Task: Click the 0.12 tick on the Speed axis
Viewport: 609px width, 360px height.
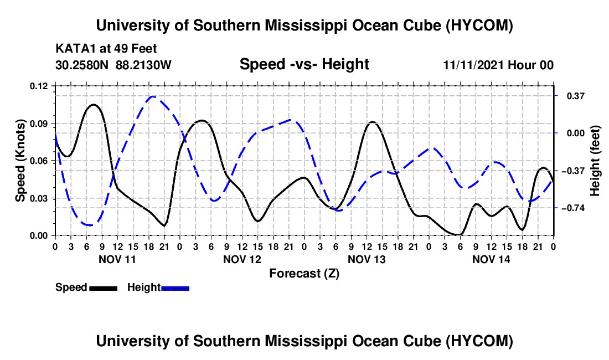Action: [38, 86]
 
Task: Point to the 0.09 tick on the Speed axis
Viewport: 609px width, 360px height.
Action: [38, 124]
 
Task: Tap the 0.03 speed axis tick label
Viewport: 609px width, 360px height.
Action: [38, 198]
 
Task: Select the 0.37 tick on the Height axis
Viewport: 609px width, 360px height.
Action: [576, 96]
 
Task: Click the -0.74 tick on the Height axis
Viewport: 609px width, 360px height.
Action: [573, 208]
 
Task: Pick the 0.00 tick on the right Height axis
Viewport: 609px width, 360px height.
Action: [576, 133]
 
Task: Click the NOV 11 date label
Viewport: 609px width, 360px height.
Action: [117, 259]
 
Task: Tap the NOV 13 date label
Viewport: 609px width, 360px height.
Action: [367, 259]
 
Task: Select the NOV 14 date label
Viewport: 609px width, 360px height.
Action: [491, 259]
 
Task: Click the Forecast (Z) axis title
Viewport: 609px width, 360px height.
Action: [304, 274]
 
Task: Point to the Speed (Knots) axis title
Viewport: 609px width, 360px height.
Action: [20, 161]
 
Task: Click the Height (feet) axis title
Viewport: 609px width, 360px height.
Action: [595, 161]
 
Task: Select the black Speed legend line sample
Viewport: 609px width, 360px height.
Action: [104, 288]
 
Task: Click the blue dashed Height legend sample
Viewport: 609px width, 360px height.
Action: [175, 288]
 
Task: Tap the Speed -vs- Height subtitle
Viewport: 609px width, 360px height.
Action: [304, 64]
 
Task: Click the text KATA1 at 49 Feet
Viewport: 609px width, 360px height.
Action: [106, 49]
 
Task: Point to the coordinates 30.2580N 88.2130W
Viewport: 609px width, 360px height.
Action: [113, 65]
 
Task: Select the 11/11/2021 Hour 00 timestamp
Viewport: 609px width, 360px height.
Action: [498, 65]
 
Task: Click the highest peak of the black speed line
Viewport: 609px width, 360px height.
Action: [94, 105]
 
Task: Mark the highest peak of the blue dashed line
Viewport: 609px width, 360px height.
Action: [153, 96]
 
